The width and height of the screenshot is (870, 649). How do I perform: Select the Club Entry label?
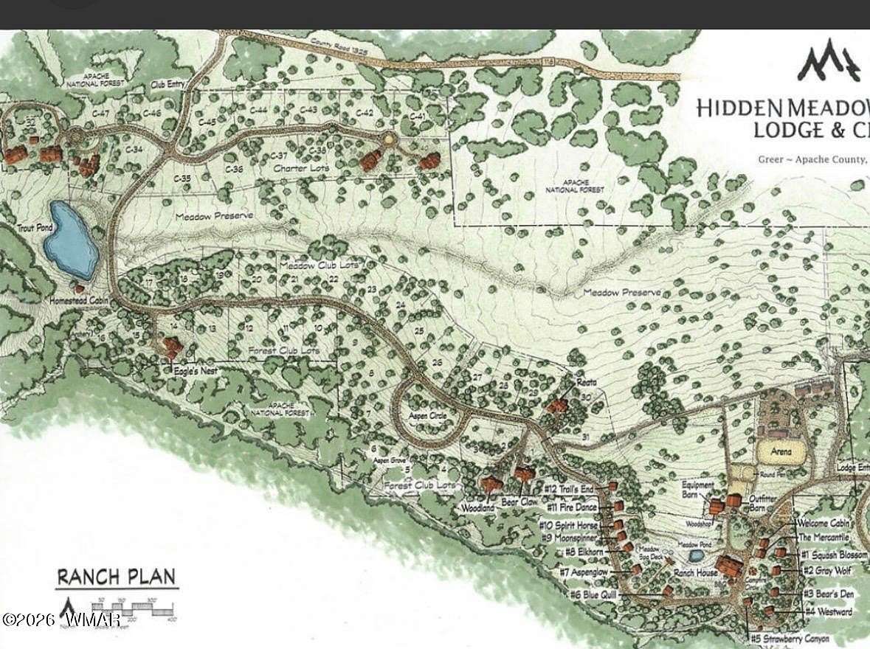(166, 85)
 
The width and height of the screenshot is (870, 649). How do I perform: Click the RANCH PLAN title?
(117, 576)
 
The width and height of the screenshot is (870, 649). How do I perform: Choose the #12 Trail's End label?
(569, 489)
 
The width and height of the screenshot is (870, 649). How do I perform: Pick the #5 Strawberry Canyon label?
(790, 639)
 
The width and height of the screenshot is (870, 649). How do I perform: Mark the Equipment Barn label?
(697, 490)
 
